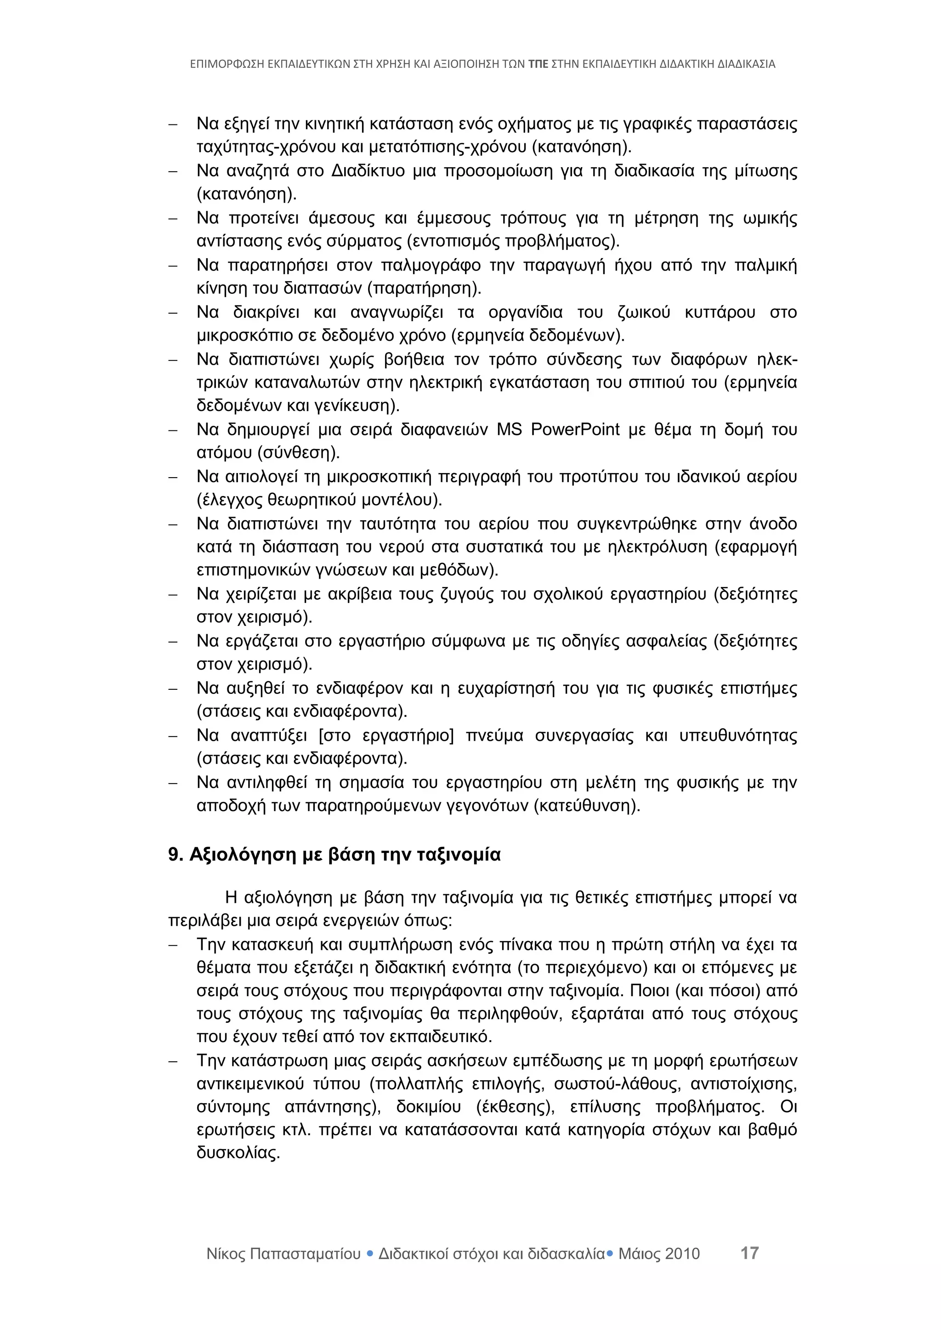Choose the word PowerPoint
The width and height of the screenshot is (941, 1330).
[575, 430]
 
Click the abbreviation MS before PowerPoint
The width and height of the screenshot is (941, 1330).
[509, 430]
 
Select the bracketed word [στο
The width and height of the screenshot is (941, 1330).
[334, 736]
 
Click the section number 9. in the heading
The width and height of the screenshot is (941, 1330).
[176, 855]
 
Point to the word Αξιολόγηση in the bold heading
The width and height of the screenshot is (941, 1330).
[244, 855]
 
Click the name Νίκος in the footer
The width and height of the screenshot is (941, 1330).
[226, 1254]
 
